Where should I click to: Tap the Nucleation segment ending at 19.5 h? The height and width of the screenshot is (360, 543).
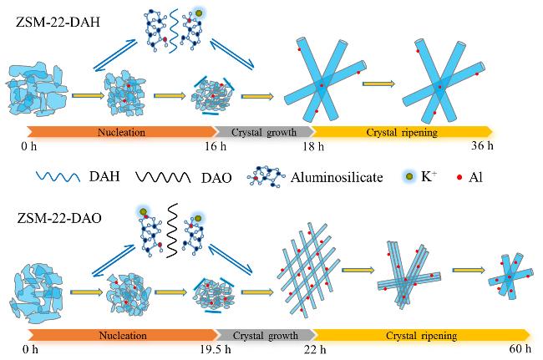[122, 336]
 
